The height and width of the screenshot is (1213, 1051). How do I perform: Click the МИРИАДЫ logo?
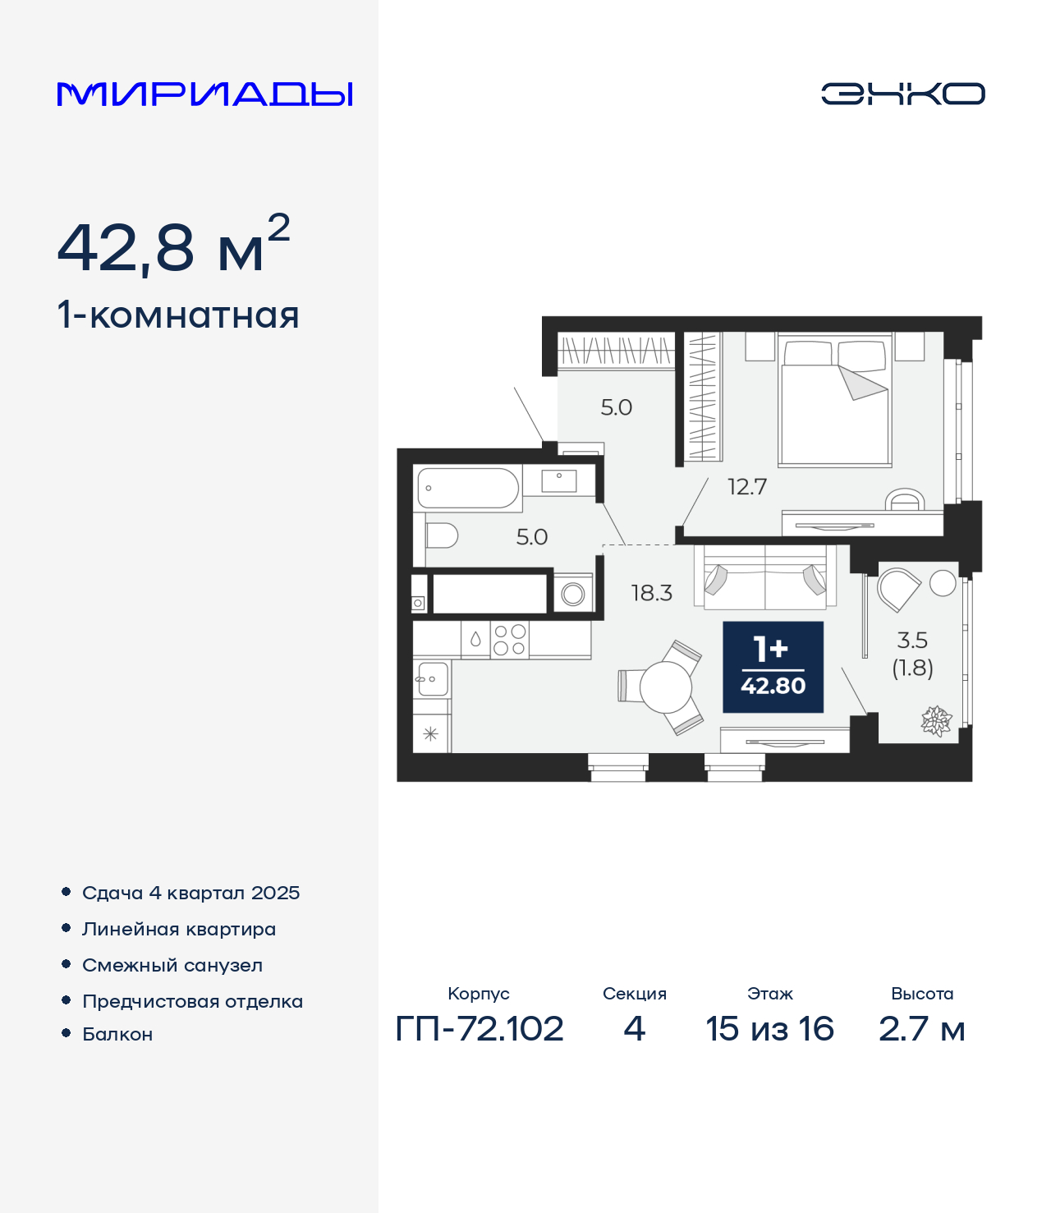[x=204, y=94]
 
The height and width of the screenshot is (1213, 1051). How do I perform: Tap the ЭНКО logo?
[x=902, y=94]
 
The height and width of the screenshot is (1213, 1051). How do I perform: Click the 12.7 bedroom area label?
[x=747, y=487]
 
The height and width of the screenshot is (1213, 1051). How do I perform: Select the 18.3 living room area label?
[x=651, y=593]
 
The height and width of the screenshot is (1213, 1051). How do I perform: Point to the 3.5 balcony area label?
[x=912, y=641]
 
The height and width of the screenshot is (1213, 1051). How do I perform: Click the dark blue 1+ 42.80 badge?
[x=773, y=667]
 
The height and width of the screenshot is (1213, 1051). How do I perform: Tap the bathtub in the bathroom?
[x=468, y=488]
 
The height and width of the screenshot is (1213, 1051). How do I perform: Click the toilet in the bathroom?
[x=441, y=535]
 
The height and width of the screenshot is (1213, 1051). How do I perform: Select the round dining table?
[x=665, y=687]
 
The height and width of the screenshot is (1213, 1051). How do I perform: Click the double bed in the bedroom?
[x=834, y=400]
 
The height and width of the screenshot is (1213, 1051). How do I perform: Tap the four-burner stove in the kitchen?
[x=509, y=640]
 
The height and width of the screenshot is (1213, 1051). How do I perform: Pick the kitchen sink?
[x=433, y=679]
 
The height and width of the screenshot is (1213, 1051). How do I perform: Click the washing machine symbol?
[x=573, y=594]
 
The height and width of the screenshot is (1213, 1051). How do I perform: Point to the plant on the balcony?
[x=936, y=720]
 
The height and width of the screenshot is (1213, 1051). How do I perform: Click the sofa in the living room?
[x=765, y=578]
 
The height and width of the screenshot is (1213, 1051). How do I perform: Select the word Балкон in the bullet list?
[x=117, y=1033]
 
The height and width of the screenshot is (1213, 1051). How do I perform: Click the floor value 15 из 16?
[x=769, y=1028]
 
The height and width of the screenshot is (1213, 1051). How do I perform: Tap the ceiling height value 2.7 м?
[x=921, y=1028]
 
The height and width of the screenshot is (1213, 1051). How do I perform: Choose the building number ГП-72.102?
[x=480, y=1028]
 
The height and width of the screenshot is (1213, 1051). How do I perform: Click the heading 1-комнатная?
[x=178, y=315]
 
